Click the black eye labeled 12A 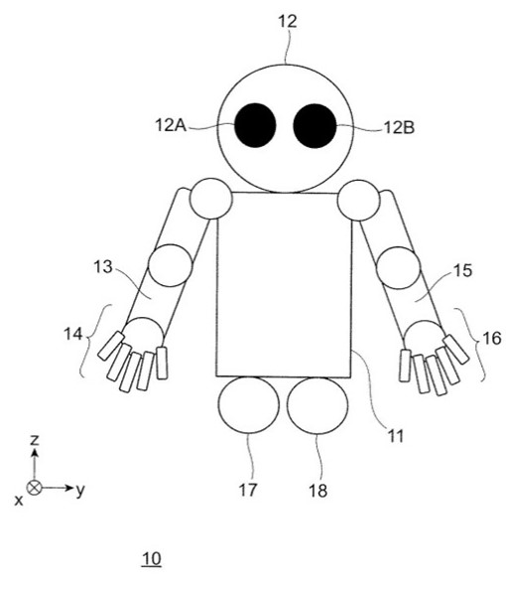point(255,125)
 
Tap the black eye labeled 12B point(315,126)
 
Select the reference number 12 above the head point(288,21)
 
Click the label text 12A point(171,125)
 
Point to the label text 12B point(399,128)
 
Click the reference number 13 point(103,267)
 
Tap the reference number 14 point(72,334)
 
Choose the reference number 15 point(462,270)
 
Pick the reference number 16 point(491,338)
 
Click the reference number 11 point(396,436)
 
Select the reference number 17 point(248,490)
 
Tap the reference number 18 point(317,491)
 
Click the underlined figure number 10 point(151,559)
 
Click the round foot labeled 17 point(249,405)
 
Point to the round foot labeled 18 point(317,405)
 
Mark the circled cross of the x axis point(34,488)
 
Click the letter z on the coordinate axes point(35,440)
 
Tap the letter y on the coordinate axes point(79,491)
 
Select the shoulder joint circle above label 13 point(211,199)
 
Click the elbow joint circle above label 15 point(399,268)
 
